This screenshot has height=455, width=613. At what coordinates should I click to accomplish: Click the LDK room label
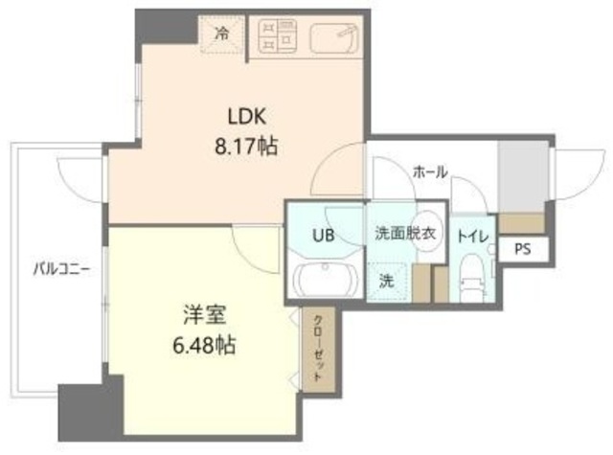coord(246,117)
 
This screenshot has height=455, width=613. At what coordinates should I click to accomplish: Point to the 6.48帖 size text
coord(205,343)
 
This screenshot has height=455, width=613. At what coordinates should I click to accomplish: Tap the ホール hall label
coord(429,171)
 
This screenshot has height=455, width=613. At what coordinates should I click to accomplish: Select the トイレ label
coord(471,233)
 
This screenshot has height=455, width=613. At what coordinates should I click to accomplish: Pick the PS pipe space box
coord(523,249)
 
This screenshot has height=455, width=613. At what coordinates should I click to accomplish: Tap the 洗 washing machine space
coord(385,282)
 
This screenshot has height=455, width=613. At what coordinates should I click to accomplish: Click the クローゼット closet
coord(314,349)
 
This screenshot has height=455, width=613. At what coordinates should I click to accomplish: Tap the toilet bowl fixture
coord(471,274)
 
